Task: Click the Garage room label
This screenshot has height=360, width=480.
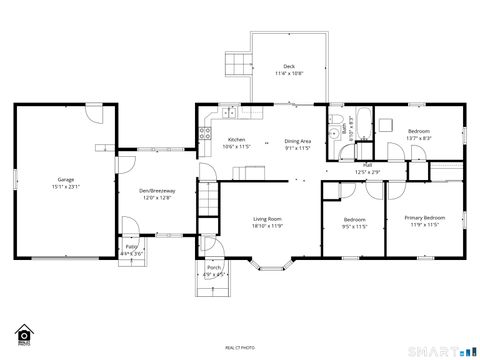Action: click(x=65, y=179)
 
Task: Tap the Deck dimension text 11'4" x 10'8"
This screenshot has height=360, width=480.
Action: click(x=289, y=73)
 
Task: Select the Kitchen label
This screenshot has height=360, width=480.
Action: click(x=236, y=140)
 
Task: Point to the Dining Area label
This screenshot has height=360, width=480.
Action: click(x=298, y=140)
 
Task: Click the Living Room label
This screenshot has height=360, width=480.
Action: click(x=266, y=218)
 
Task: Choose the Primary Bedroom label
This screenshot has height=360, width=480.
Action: click(x=425, y=218)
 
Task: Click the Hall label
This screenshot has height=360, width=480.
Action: click(x=368, y=165)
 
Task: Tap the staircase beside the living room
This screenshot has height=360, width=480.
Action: click(x=208, y=200)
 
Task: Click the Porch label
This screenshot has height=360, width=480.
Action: click(x=214, y=267)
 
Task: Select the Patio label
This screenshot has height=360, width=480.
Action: click(x=132, y=246)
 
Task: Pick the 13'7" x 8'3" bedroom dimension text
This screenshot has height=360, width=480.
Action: click(x=419, y=140)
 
